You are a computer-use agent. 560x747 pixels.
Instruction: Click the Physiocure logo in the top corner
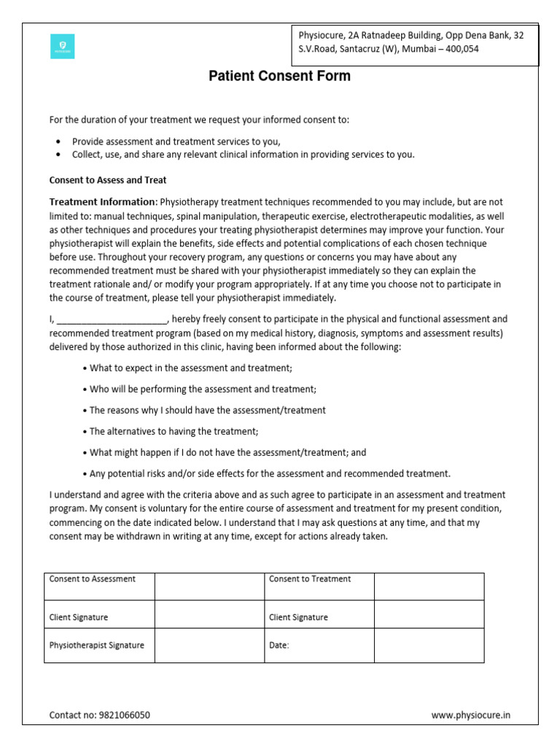click(x=62, y=46)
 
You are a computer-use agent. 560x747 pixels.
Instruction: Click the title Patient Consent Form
click(x=279, y=76)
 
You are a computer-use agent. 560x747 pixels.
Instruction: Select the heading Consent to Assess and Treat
click(x=108, y=180)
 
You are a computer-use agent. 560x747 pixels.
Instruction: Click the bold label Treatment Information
click(x=102, y=202)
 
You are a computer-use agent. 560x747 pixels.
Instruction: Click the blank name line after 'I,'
click(x=112, y=320)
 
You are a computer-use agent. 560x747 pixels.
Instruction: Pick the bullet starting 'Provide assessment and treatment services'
click(x=176, y=142)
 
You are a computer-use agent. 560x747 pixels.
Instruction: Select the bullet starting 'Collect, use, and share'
click(x=243, y=155)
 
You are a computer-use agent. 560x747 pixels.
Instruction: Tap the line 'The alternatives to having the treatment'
click(x=174, y=431)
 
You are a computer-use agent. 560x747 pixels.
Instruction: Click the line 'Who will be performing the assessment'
click(x=203, y=390)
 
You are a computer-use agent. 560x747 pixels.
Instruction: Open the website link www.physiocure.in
click(x=470, y=716)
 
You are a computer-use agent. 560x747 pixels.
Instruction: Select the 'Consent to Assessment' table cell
click(x=93, y=579)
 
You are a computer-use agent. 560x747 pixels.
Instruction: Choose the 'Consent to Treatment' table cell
click(x=310, y=579)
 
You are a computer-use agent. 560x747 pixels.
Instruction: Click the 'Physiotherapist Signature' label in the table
click(x=96, y=645)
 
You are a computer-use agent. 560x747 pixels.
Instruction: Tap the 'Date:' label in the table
click(x=279, y=645)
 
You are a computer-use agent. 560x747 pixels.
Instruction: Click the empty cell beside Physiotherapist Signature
click(x=209, y=645)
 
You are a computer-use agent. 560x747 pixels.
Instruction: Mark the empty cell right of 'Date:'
click(x=429, y=645)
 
